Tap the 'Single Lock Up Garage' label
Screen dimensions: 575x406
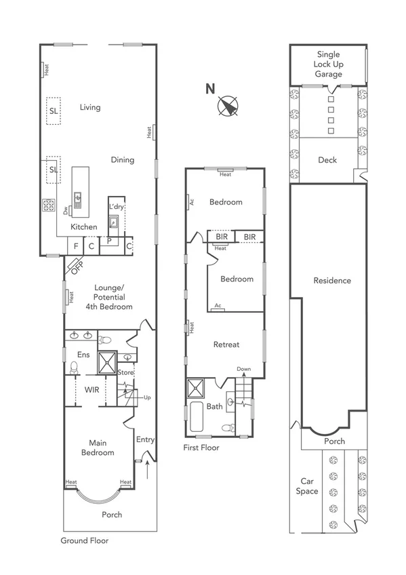[328, 64]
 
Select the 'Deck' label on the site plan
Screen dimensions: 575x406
[327, 160]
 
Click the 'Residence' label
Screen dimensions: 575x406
[332, 280]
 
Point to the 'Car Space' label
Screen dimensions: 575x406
[307, 486]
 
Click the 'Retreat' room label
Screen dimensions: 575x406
[226, 344]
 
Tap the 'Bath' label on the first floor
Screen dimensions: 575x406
[215, 407]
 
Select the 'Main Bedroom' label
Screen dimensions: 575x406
[98, 448]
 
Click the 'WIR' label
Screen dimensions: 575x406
[93, 391]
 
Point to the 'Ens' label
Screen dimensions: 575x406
[83, 355]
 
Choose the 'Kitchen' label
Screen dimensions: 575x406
[83, 226]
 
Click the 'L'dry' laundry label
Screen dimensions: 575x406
[116, 206]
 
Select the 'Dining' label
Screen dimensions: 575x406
[123, 160]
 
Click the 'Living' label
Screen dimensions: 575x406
[89, 107]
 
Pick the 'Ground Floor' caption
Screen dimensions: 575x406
[84, 540]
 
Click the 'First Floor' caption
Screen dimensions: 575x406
[201, 448]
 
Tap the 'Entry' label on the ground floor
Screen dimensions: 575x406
[145, 439]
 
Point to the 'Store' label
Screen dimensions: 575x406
[126, 372]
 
